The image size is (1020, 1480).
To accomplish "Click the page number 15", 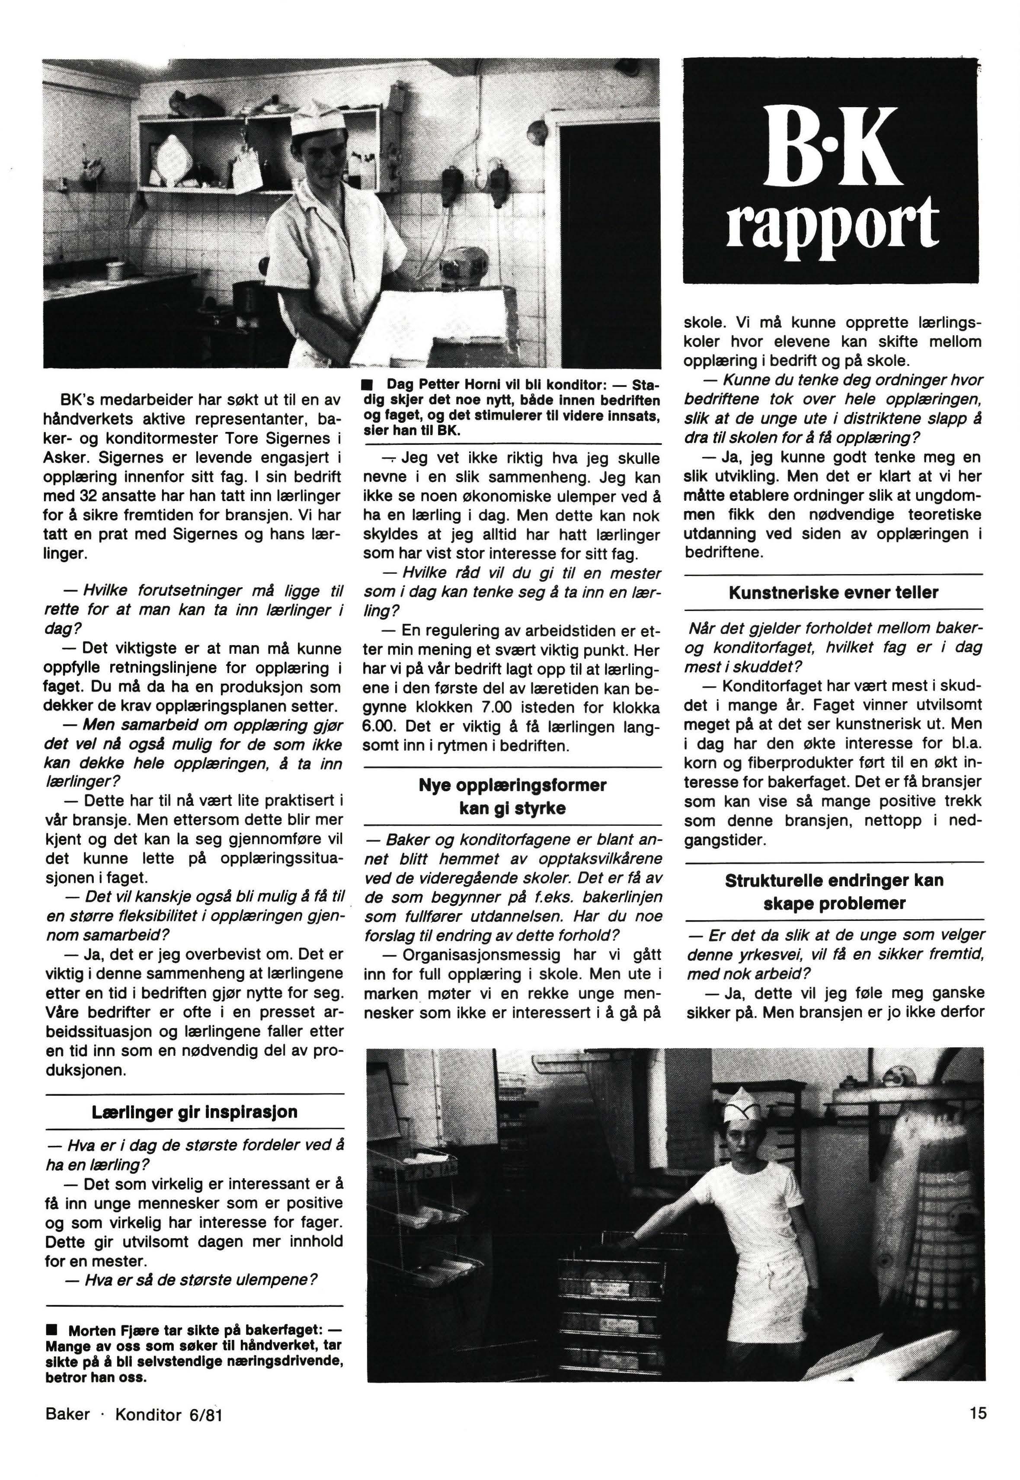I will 977,1413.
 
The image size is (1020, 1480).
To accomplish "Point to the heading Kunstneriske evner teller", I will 833,592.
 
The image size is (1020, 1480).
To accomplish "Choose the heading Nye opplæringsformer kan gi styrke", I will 512,796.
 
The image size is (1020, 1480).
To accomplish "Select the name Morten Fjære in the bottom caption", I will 107,1330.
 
